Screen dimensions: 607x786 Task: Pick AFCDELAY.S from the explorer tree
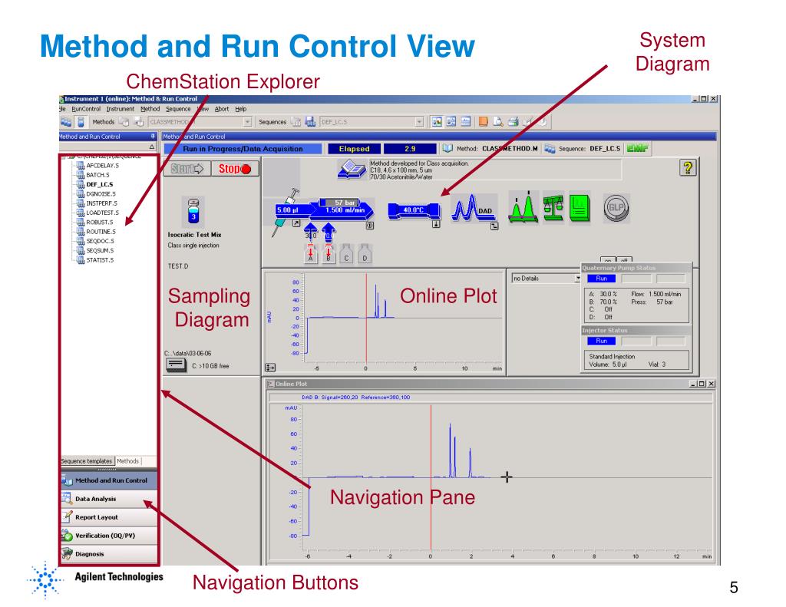point(102,165)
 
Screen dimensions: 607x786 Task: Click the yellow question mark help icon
point(686,168)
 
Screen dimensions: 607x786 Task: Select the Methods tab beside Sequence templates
point(128,460)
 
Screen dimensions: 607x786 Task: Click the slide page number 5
point(734,589)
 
